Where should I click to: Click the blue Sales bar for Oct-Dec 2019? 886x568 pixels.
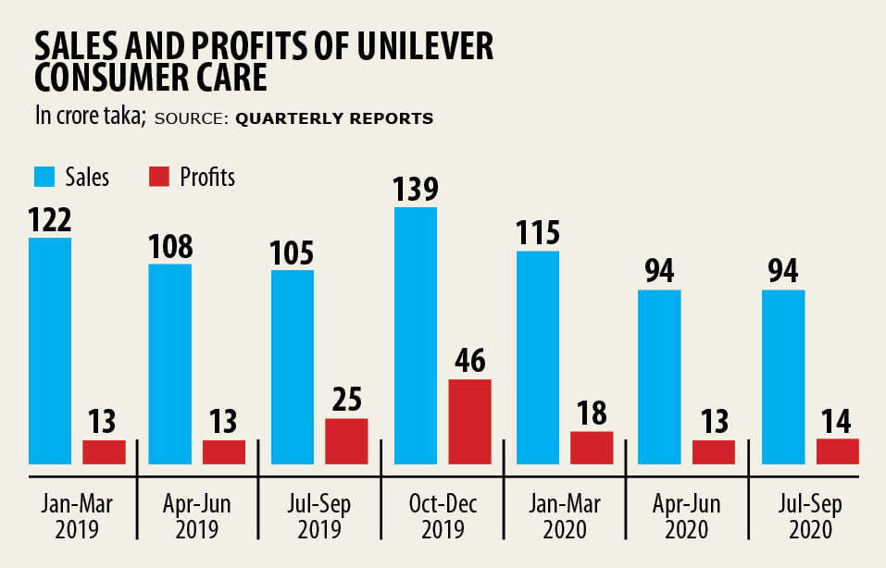(x=416, y=335)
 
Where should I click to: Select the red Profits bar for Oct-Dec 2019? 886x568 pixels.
(x=469, y=421)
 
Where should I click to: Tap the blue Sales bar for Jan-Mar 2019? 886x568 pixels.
(x=50, y=351)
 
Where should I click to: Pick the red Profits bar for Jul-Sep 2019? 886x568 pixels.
(x=347, y=440)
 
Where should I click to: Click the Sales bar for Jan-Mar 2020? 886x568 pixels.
(x=538, y=357)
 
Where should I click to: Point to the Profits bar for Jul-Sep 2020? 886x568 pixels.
(x=838, y=451)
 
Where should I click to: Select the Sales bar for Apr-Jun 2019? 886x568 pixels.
(x=170, y=364)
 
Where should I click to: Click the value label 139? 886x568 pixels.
(x=416, y=188)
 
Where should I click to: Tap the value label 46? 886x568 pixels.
(x=470, y=361)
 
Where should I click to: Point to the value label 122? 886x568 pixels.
(x=50, y=219)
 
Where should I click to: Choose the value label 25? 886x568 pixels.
(x=347, y=400)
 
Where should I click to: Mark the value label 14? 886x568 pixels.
(x=838, y=421)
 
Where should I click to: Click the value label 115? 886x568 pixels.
(x=538, y=232)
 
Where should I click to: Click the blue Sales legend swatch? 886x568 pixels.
(x=46, y=177)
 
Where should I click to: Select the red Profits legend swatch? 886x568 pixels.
(x=158, y=177)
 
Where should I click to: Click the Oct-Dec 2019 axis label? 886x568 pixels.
(x=442, y=517)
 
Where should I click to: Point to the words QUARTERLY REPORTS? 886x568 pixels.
(x=334, y=119)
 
